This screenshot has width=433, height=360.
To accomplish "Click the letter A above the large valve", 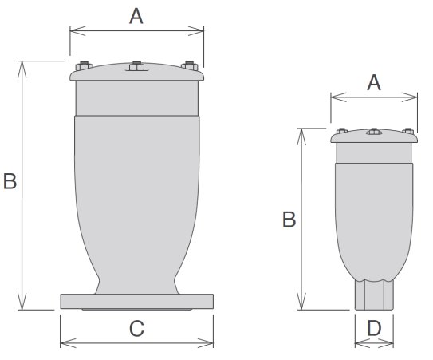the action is tap(136, 16).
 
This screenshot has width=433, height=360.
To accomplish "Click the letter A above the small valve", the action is tap(374, 83).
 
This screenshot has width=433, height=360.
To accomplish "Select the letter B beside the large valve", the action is tap(10, 181).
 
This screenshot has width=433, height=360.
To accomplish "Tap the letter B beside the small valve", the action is tap(289, 220).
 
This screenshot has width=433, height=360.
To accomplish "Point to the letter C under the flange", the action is tap(136, 329).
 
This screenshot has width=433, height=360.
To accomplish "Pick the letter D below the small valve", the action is tap(374, 329).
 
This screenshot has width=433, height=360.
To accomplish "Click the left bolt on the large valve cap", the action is tap(84, 66).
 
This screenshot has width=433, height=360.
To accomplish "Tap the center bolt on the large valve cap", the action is tap(136, 66).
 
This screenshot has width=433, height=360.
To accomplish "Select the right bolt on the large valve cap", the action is tap(190, 66).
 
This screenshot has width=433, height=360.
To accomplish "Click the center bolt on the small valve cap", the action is tap(374, 132).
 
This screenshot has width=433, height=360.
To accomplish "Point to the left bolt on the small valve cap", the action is tap(342, 131).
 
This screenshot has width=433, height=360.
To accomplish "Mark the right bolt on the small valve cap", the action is tap(407, 131).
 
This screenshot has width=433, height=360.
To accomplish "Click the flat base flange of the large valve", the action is tap(136, 302).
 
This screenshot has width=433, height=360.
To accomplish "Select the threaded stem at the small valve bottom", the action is tap(374, 295).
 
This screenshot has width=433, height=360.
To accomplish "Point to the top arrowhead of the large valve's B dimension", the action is tap(22, 69).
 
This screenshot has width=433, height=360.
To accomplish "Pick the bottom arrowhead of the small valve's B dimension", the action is tap(301, 302).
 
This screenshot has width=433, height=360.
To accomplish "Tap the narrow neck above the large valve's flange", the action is tap(136, 287).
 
